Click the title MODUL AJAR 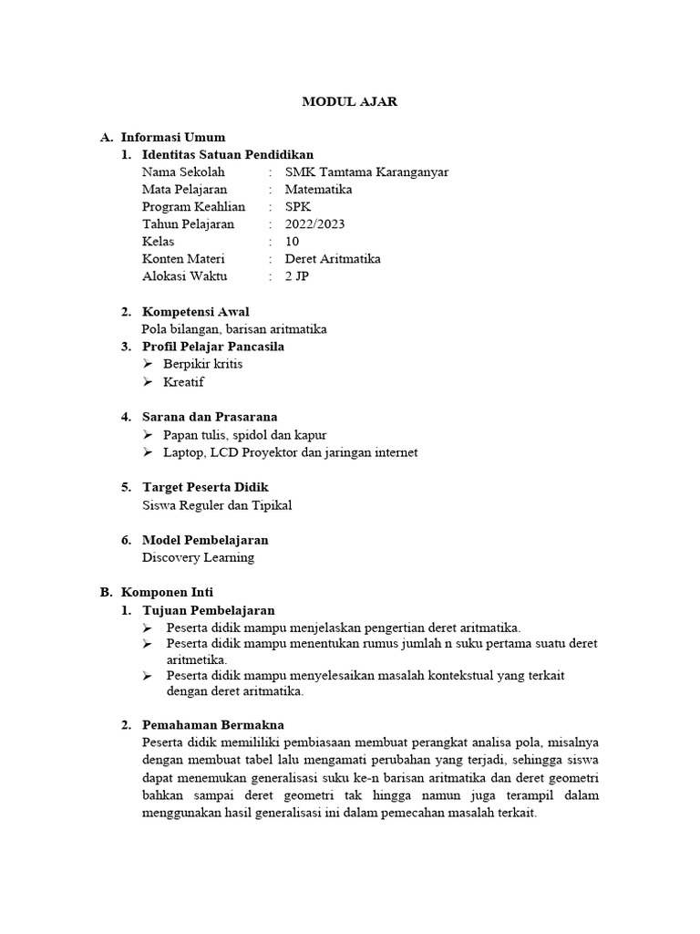[350, 102]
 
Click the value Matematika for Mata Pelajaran [318, 189]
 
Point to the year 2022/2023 [314, 223]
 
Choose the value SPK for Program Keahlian [298, 206]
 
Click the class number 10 [292, 241]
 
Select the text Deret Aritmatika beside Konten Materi [333, 258]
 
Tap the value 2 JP [297, 275]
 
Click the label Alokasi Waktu [185, 275]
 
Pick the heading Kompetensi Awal [195, 311]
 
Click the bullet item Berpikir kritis [202, 364]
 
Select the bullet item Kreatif [183, 381]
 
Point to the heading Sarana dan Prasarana [210, 417]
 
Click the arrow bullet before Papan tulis [149, 435]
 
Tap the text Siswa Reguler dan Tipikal [217, 504]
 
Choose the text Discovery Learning [198, 556]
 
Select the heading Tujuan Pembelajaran [208, 609]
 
